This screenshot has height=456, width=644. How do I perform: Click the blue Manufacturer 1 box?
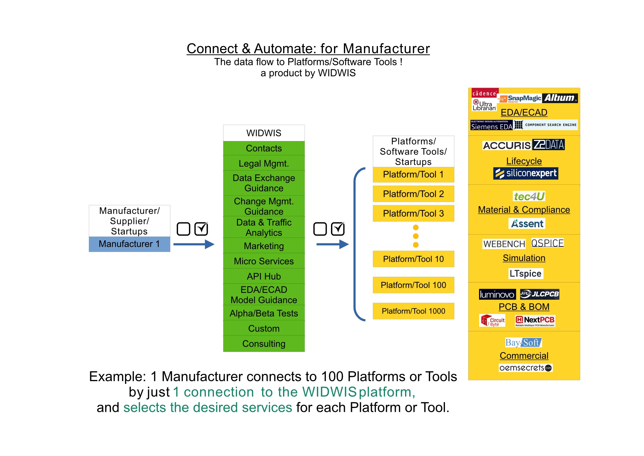(129, 244)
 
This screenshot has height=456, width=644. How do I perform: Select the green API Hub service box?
(264, 276)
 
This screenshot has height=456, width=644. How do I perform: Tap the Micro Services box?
(264, 261)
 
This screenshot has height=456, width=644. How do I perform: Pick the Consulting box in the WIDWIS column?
(264, 344)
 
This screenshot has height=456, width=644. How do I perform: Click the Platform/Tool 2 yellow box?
(413, 194)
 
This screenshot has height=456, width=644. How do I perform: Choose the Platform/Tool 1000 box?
(413, 311)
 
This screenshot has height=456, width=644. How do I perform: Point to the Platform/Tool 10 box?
(413, 259)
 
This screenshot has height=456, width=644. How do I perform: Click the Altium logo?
(560, 98)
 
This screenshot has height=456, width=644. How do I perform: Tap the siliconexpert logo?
(526, 173)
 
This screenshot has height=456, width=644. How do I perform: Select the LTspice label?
(526, 274)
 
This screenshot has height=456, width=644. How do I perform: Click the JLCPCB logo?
(540, 294)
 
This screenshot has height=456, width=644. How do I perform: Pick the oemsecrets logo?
(526, 368)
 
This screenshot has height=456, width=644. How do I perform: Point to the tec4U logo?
(529, 196)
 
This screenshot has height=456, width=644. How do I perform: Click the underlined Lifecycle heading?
(524, 161)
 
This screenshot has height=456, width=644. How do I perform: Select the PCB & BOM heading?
(524, 307)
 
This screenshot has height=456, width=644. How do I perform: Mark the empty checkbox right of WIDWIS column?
(320, 229)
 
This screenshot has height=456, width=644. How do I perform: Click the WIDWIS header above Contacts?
(264, 133)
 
